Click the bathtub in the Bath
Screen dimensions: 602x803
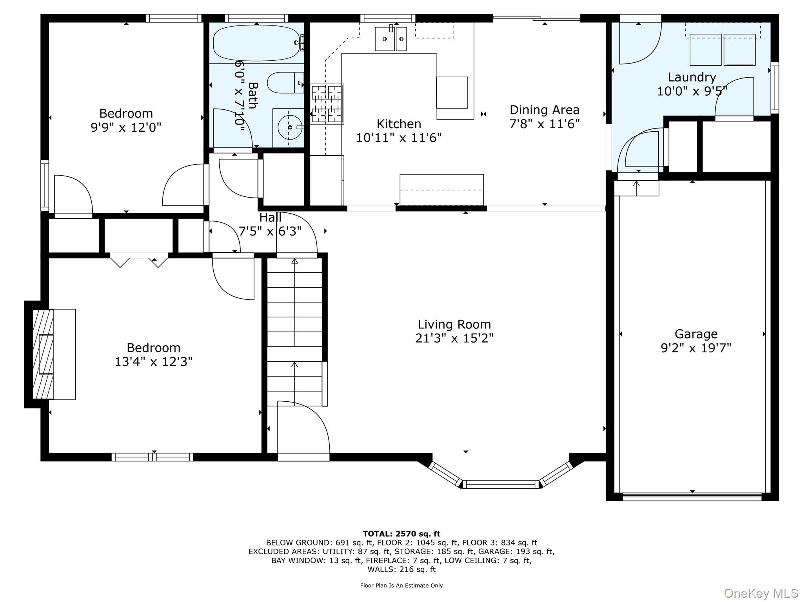[x=256, y=43]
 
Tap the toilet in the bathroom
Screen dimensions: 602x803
[x=284, y=83]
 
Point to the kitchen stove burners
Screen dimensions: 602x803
[x=327, y=104]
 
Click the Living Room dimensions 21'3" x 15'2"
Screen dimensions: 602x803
[x=454, y=338]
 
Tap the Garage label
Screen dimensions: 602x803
[x=696, y=334]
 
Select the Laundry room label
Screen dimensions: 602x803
[x=692, y=77]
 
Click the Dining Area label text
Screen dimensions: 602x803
[x=544, y=110]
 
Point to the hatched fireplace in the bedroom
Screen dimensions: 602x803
[x=42, y=354]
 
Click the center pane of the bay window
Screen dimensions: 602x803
[x=501, y=484]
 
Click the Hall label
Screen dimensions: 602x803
[x=270, y=218]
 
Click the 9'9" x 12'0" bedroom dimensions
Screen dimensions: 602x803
[x=126, y=128]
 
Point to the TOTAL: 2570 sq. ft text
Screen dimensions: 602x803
[x=401, y=534]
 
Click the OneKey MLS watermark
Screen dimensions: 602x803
[x=761, y=593]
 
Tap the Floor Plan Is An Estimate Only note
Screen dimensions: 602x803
[x=401, y=586]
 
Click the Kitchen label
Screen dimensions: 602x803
[x=399, y=124]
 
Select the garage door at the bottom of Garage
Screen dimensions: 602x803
[x=692, y=497]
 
